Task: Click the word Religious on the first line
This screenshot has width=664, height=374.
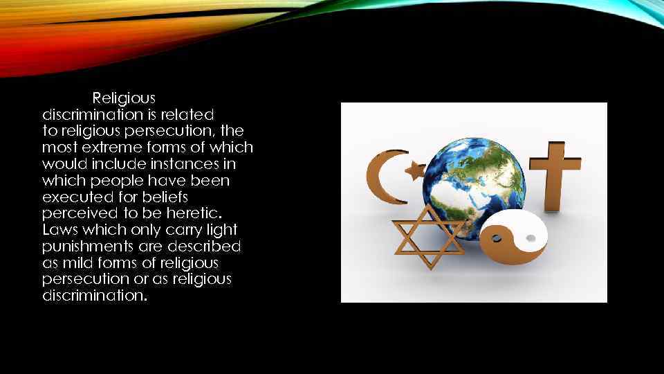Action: [124, 98]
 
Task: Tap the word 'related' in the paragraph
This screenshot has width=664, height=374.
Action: [191, 114]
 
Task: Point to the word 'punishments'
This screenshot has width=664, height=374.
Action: [87, 247]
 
